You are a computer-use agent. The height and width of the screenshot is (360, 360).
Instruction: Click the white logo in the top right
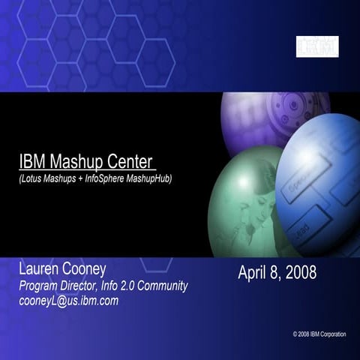(317, 47)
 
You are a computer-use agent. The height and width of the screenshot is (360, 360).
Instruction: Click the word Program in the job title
(41, 286)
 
